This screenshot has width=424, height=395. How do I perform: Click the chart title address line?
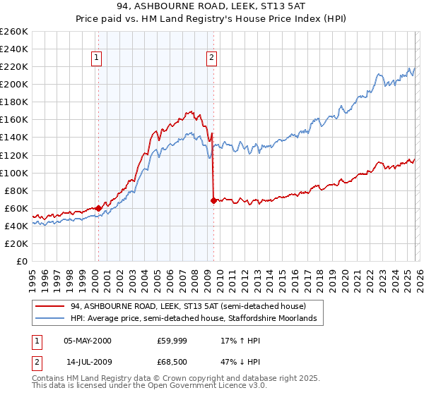(212, 8)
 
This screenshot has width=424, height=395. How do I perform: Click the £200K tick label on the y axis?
(14, 84)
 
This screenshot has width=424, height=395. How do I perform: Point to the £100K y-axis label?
(14, 173)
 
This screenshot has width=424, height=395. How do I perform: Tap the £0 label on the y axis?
(21, 261)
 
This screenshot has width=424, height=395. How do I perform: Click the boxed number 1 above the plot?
(96, 59)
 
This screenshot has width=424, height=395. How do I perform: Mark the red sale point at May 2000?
(98, 208)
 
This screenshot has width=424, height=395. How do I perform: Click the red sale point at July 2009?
(213, 200)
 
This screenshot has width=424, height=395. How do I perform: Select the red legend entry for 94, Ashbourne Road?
(188, 307)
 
